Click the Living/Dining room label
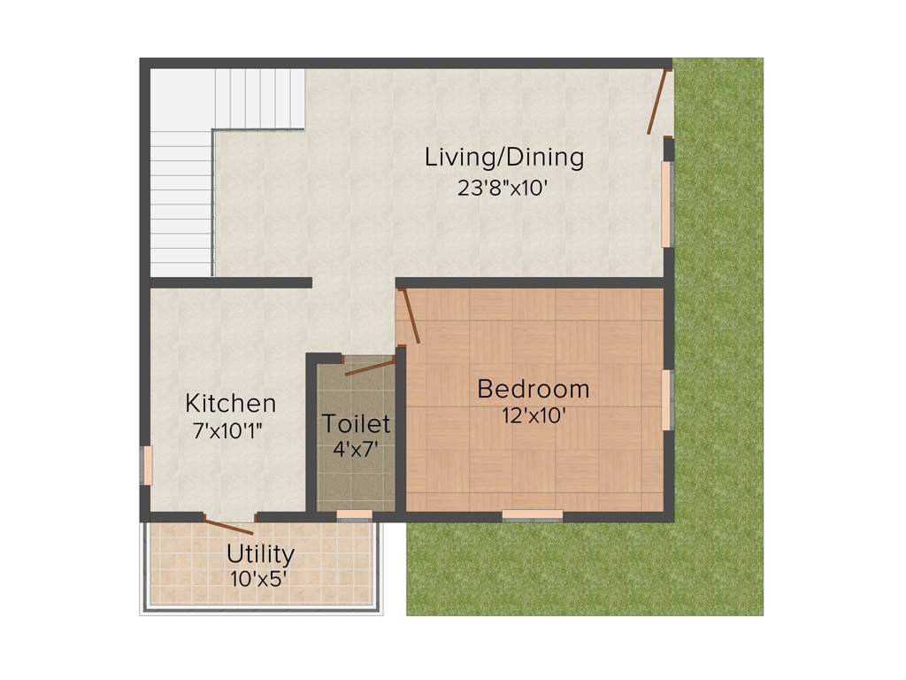(504, 158)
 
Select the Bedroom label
(533, 389)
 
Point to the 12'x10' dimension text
(533, 415)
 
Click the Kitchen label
(230, 404)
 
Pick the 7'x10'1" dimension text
(227, 431)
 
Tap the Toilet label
(356, 424)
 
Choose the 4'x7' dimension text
(356, 449)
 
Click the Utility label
(260, 555)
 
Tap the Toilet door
(368, 367)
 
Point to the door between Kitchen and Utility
(229, 526)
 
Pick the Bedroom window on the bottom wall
(532, 514)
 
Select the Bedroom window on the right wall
(667, 399)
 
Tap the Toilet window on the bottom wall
(355, 514)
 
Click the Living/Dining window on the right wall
(667, 205)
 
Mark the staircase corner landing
(182, 97)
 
